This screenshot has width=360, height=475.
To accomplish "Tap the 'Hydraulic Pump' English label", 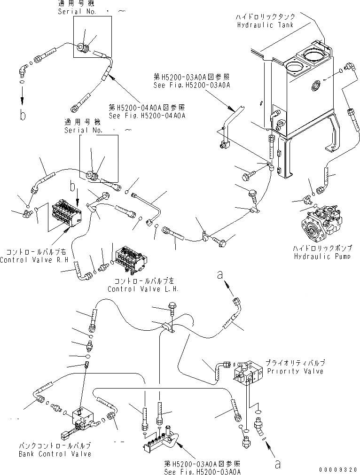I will (322, 256).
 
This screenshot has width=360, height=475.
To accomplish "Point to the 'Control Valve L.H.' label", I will (143, 289).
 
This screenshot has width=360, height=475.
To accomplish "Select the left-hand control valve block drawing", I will (132, 258).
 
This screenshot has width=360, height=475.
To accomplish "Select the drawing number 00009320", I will (338, 469).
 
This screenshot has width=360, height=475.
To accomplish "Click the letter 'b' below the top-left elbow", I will (22, 114).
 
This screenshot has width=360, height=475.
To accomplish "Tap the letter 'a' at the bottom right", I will (277, 464).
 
